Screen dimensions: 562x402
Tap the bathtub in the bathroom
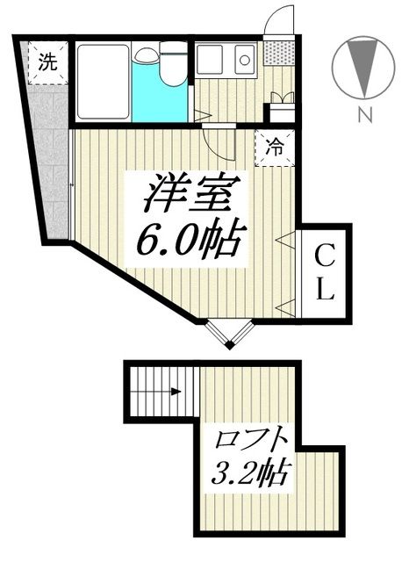pyautogui.click(x=104, y=82)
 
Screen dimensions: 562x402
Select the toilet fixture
pyautogui.click(x=173, y=66)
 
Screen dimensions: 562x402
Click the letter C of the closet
pyautogui.click(x=325, y=258)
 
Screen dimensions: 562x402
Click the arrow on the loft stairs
pyautogui.click(x=176, y=393)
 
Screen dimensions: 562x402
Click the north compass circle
pyautogui.click(x=360, y=67)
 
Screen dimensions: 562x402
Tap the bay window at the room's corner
pyautogui.click(x=231, y=334)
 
